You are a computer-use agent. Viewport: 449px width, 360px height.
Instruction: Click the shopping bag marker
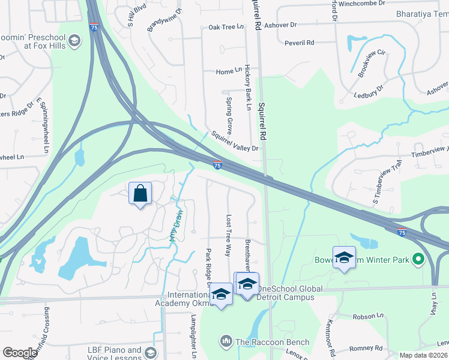[140, 193]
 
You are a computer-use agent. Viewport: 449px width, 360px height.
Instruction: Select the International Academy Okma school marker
[221, 294]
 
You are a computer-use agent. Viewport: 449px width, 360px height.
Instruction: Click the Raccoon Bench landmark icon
[226, 341]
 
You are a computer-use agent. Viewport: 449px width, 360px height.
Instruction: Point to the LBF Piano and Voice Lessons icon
[150, 352]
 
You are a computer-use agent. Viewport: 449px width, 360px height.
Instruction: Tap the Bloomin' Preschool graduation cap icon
[74, 41]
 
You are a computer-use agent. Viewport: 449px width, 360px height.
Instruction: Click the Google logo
[20, 353]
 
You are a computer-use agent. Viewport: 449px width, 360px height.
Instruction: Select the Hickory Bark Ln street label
[247, 88]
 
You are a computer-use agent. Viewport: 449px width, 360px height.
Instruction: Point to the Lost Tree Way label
[228, 236]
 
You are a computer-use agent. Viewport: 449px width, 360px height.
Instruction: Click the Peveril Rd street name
[300, 43]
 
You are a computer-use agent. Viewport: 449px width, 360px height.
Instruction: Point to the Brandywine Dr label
[163, 20]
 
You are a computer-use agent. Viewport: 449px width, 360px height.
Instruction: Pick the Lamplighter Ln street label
[193, 336]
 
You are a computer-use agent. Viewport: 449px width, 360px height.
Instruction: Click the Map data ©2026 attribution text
[424, 355]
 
